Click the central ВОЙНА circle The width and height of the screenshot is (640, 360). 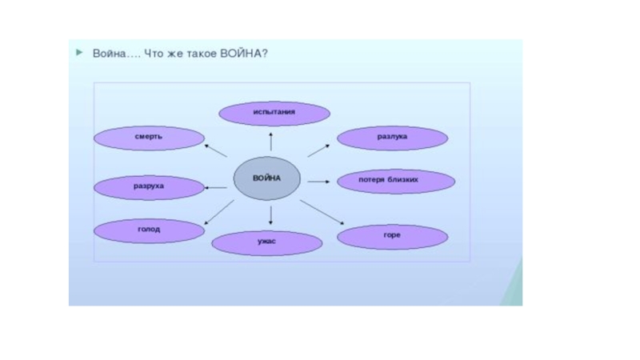[x=267, y=178]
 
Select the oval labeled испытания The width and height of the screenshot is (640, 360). [x=274, y=114]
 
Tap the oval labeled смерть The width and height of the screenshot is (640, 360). [x=149, y=138]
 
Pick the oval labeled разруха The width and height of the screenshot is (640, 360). [x=149, y=187]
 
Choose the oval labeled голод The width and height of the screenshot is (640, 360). [x=149, y=230]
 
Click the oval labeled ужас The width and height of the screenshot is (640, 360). [x=267, y=242]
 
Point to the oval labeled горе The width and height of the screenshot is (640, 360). [x=392, y=237]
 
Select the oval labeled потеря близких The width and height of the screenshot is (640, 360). [x=395, y=182]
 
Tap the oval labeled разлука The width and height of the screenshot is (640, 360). [x=392, y=138]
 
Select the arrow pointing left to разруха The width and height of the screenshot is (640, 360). [x=216, y=187]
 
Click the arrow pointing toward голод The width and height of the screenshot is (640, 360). [x=218, y=214]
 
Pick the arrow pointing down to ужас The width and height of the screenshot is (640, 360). [x=271, y=214]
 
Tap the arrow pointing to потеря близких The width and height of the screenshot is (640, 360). [x=318, y=182]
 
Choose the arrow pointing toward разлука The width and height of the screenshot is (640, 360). [x=319, y=150]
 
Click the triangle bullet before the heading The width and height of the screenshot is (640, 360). [x=79, y=53]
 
